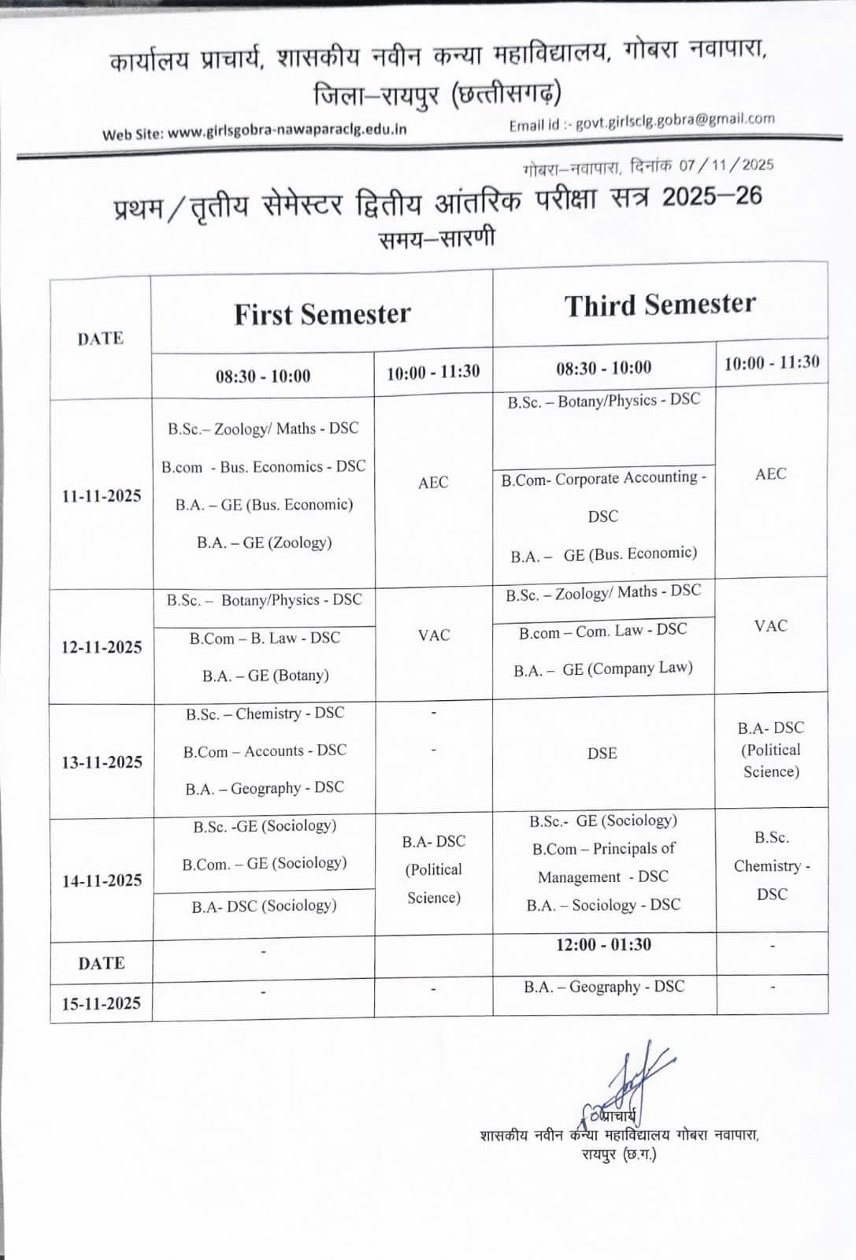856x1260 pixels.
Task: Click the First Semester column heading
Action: [x=322, y=314]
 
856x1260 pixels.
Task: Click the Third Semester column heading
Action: [x=660, y=305]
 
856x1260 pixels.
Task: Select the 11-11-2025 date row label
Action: [x=102, y=496]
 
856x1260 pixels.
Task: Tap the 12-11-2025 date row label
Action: [x=102, y=647]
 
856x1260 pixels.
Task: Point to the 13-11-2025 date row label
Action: [x=102, y=762]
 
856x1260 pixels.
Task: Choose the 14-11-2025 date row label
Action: [x=102, y=880]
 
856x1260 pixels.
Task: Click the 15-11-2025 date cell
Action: [x=102, y=1003]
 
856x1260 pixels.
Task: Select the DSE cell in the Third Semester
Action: [x=602, y=754]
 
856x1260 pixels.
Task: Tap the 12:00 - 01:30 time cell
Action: [x=603, y=944]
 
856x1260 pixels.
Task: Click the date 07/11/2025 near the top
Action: [x=727, y=165]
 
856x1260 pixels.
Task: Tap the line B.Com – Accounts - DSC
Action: [x=265, y=751]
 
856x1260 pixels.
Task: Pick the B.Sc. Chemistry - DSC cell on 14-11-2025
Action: [x=772, y=865]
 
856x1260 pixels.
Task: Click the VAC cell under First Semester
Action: [x=434, y=635]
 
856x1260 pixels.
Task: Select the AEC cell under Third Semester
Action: [x=771, y=474]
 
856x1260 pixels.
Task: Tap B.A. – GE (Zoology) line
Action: [x=265, y=543]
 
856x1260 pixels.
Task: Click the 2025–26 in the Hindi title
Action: [x=711, y=197]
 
